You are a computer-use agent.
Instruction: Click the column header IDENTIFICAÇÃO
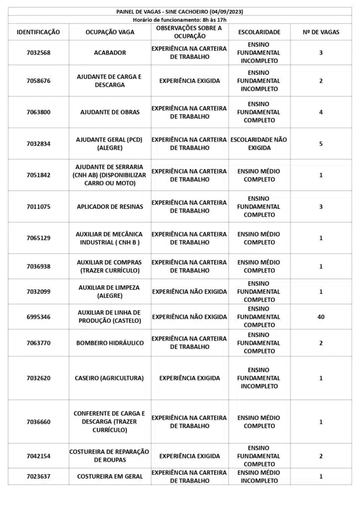(38, 32)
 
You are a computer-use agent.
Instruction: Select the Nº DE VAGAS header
(321, 32)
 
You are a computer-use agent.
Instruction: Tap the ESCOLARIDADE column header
(259, 32)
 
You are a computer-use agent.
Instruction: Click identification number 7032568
(38, 53)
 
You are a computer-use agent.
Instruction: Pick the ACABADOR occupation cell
(110, 53)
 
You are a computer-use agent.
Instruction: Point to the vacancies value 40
(321, 317)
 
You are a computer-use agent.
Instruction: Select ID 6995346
(38, 317)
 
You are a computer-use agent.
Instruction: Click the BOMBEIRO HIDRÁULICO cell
(110, 343)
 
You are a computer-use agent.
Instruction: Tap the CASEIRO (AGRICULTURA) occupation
(110, 378)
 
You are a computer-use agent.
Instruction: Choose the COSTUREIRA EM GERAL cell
(110, 476)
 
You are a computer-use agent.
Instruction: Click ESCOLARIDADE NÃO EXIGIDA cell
(259, 144)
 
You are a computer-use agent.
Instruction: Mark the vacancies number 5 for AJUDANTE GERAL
(321, 144)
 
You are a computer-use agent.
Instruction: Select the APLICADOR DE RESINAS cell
(110, 206)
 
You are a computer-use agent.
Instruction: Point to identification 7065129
(38, 238)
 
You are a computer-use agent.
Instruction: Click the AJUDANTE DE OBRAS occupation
(110, 112)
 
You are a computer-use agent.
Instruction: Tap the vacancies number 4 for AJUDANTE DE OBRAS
(321, 112)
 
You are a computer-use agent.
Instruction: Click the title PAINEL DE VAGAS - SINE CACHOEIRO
(180, 11)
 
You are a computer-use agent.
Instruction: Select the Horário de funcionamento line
(180, 19)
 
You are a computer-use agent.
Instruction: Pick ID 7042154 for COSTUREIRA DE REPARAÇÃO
(38, 456)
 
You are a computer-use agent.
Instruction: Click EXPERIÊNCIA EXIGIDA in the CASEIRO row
(189, 378)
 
